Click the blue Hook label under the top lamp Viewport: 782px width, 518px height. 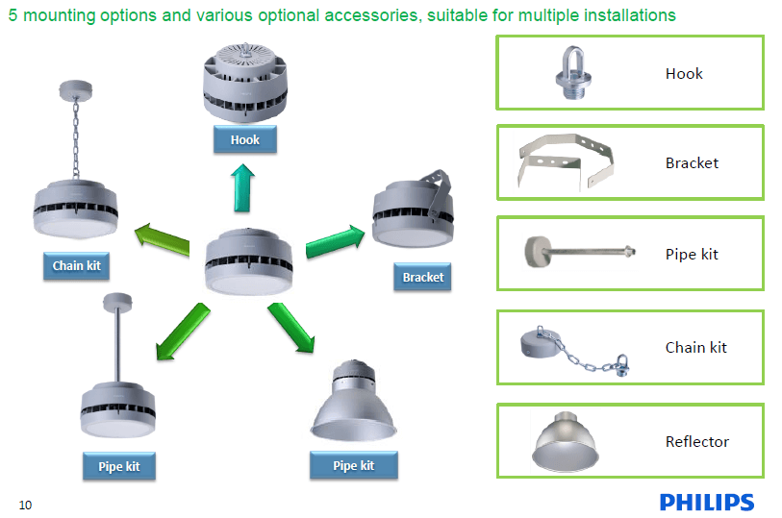point(245,139)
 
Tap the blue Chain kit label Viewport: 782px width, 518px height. point(76,265)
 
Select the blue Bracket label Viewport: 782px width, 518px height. point(422,277)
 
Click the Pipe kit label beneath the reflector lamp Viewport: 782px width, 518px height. point(353,466)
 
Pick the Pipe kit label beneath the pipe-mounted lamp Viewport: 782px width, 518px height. point(118,467)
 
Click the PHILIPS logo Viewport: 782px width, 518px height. point(706,502)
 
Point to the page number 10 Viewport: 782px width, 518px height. point(25,506)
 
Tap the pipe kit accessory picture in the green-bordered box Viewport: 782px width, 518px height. point(578,254)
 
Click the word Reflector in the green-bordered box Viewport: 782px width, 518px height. point(697,442)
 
